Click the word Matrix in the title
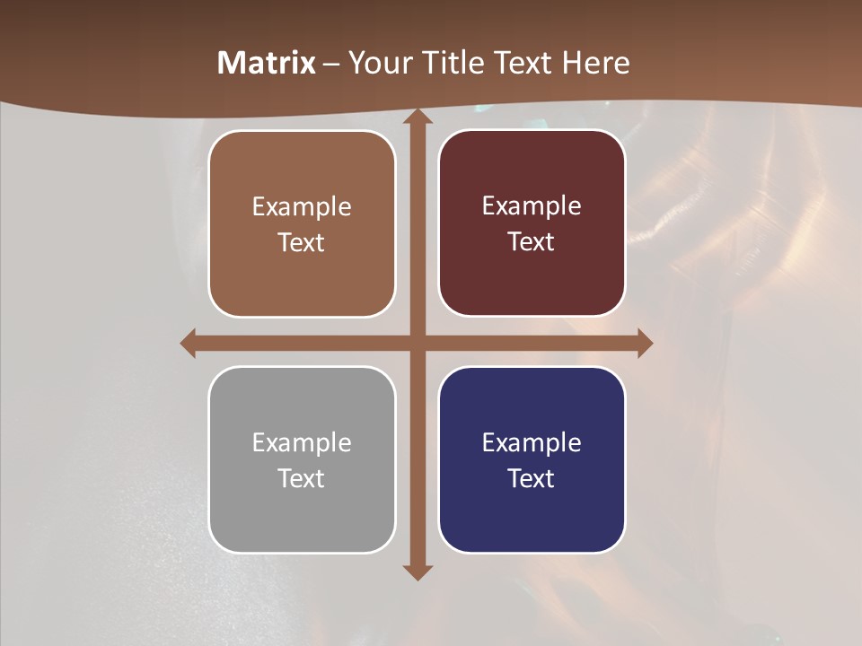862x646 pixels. (x=267, y=63)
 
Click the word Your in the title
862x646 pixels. (x=379, y=63)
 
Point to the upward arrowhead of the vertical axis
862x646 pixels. (x=417, y=119)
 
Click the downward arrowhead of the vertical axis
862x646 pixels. (x=417, y=571)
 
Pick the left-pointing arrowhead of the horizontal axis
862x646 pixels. (x=189, y=343)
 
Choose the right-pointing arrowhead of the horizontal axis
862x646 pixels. (x=644, y=343)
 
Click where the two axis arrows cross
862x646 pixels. (x=417, y=343)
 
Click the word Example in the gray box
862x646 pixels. (x=302, y=442)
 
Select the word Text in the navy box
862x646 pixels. (x=532, y=478)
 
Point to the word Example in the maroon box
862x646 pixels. (x=532, y=205)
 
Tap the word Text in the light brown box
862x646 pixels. (x=302, y=242)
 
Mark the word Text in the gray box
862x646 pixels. (x=302, y=478)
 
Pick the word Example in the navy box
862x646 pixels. (x=532, y=442)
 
